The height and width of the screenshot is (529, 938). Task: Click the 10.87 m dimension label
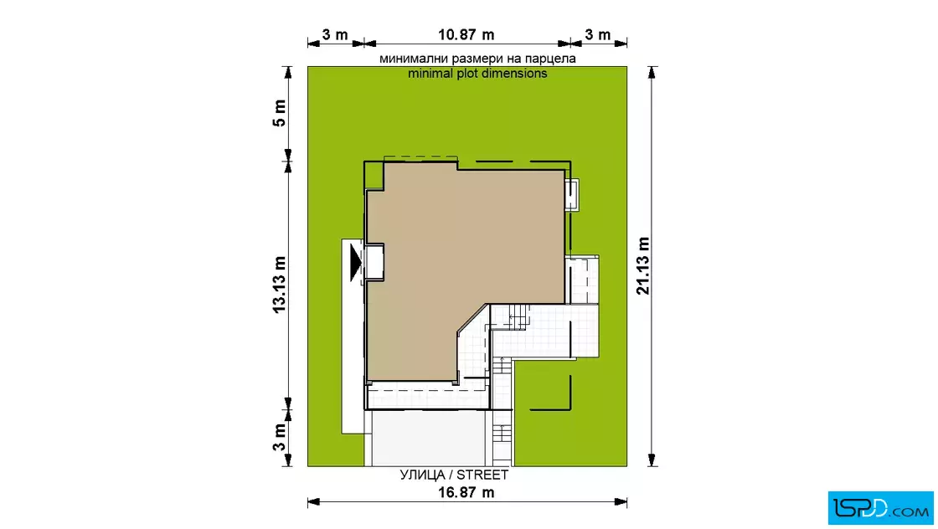click(x=466, y=34)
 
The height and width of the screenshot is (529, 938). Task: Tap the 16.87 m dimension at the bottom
click(x=466, y=492)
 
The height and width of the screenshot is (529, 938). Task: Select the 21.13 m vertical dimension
click(x=643, y=266)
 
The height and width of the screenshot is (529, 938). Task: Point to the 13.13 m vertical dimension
click(x=280, y=285)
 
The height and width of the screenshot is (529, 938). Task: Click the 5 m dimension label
click(x=280, y=113)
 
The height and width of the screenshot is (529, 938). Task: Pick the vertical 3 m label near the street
click(x=280, y=438)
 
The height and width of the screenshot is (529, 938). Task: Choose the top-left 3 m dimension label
click(x=335, y=34)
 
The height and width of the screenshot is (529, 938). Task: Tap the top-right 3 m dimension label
click(x=598, y=34)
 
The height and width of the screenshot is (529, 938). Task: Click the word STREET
click(x=482, y=475)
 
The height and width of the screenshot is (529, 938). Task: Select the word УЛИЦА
click(x=422, y=475)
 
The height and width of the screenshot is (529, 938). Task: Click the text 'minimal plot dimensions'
click(x=477, y=74)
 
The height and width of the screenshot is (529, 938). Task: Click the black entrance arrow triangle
click(x=356, y=263)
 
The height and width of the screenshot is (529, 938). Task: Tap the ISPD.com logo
click(x=880, y=508)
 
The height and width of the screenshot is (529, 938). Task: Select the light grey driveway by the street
click(x=428, y=438)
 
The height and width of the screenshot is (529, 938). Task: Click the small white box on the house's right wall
click(x=572, y=195)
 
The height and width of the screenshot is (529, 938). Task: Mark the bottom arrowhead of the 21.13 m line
click(x=652, y=459)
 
